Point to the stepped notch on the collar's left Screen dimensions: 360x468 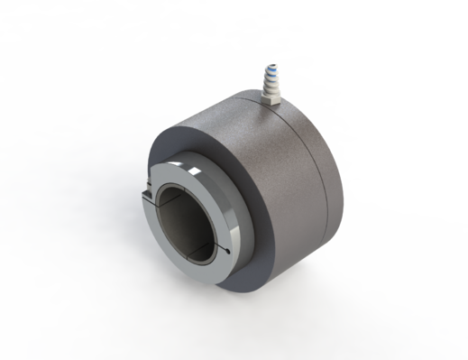(147, 194)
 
